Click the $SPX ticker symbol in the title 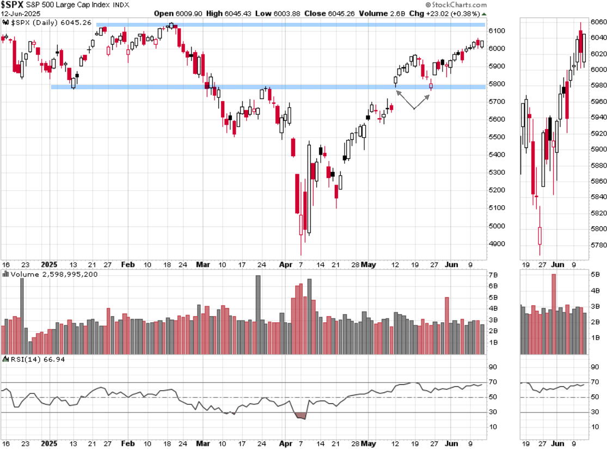pos(12,5)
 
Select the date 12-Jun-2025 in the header pos(21,13)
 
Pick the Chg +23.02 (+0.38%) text pos(453,13)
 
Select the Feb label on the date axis pos(127,265)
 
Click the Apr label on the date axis pos(285,265)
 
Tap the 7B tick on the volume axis pos(493,274)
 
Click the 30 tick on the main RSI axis pos(493,413)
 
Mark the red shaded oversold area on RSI pos(301,416)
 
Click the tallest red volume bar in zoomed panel pos(554,314)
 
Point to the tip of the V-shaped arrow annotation pos(414,109)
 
